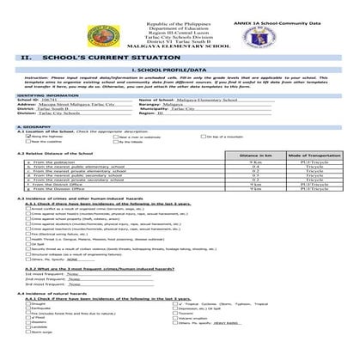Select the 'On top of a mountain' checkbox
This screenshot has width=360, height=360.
point(205,137)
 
